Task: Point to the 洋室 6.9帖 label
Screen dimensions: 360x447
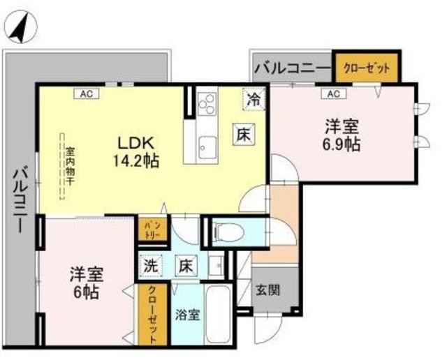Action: point(342,135)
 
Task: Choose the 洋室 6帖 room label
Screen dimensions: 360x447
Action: point(84,280)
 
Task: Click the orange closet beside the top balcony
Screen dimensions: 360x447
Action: point(367,68)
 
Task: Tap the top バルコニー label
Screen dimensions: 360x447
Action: point(291,68)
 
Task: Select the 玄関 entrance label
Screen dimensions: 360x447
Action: point(265,289)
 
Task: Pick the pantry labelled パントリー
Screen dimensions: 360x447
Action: point(153,231)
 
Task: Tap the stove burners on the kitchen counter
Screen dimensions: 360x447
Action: point(207,104)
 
